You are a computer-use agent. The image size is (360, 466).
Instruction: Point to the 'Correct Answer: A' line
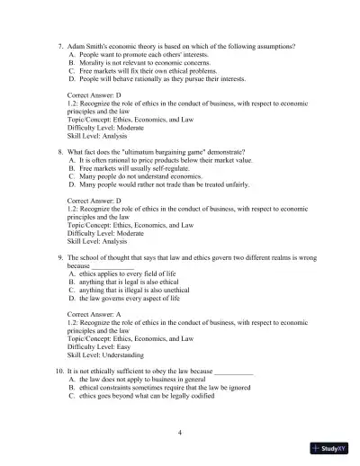[x=98, y=315]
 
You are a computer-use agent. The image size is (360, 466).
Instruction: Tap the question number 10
[x=58, y=372]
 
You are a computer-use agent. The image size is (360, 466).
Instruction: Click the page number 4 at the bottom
[x=181, y=433]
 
